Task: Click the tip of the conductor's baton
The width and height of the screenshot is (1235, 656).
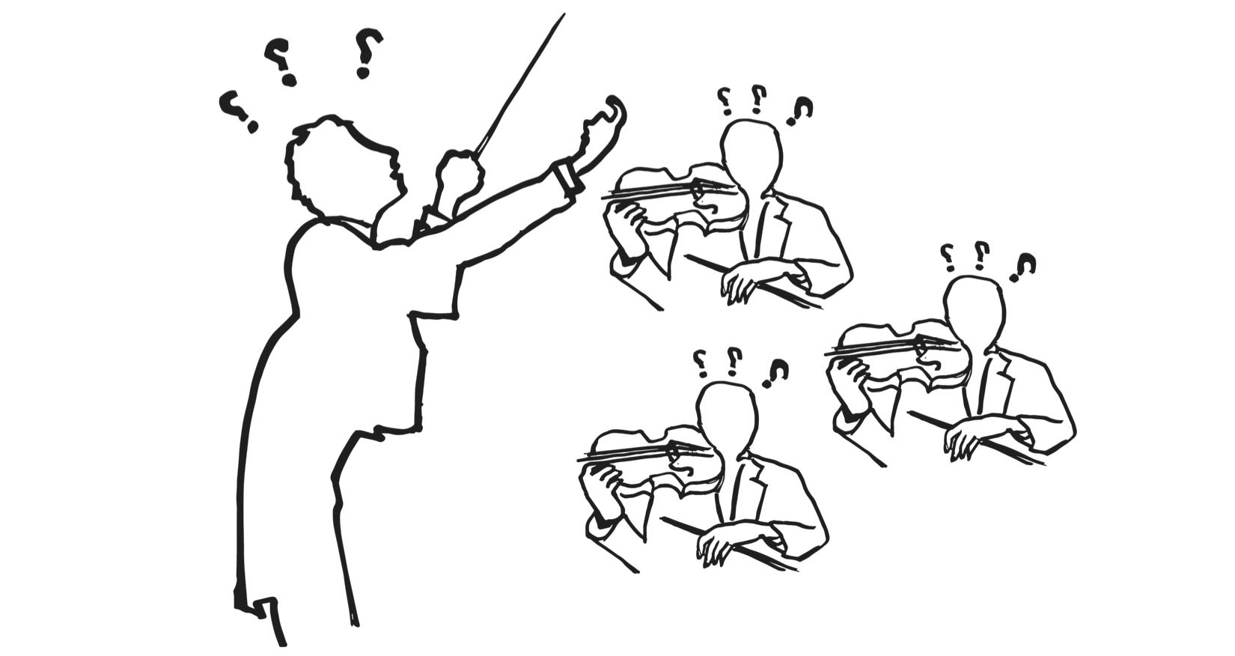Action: (563, 15)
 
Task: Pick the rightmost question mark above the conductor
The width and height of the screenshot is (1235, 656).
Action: (368, 52)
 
